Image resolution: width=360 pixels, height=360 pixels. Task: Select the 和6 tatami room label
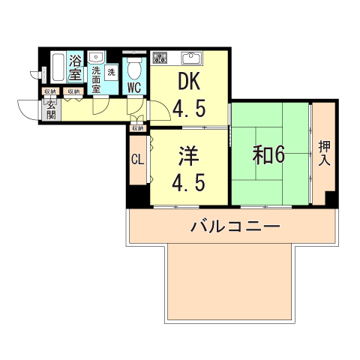pyautogui.click(x=268, y=154)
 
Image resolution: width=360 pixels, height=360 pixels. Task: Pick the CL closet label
pyautogui.click(x=137, y=159)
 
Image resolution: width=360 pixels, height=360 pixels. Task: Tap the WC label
pyautogui.click(x=134, y=88)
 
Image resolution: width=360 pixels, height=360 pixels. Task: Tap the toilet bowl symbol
pyautogui.click(x=134, y=69)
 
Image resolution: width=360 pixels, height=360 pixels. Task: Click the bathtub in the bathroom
pyautogui.click(x=58, y=70)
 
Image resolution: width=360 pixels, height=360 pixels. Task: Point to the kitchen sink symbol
pyautogui.click(x=190, y=57)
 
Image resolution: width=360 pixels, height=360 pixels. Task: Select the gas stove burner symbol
pyautogui.click(x=160, y=57)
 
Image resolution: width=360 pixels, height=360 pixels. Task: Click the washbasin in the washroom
pyautogui.click(x=96, y=57)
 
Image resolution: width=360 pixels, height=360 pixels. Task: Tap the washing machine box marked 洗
pyautogui.click(x=111, y=72)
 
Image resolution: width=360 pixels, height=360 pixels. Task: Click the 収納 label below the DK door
pyautogui.click(x=137, y=128)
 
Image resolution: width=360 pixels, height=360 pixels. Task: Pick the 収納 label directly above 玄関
pyautogui.click(x=49, y=91)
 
